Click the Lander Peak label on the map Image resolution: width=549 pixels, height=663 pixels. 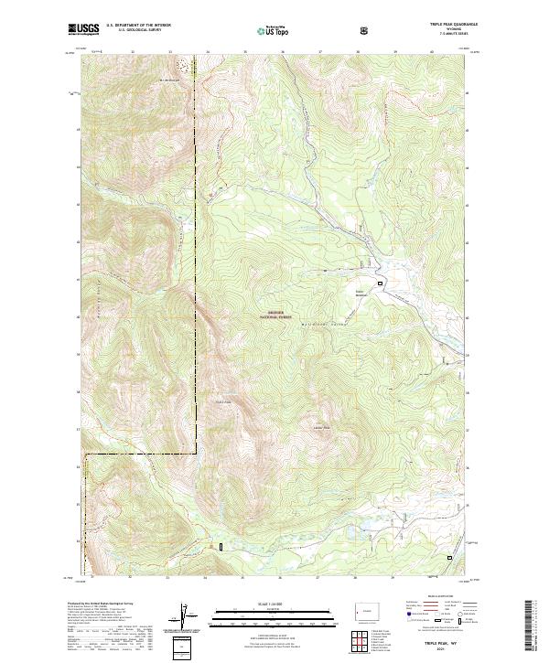(x=320, y=428)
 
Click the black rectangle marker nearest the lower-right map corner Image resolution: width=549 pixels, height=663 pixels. (x=449, y=557)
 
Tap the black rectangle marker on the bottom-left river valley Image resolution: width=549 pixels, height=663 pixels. (x=221, y=547)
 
